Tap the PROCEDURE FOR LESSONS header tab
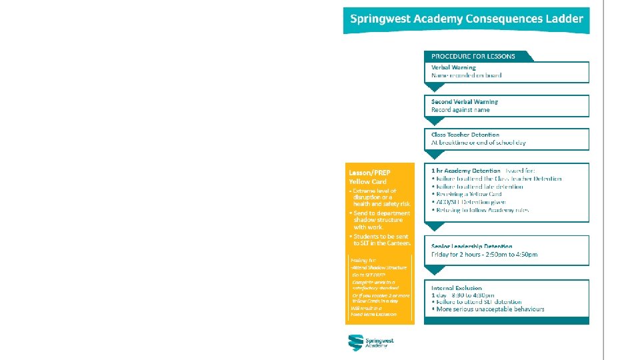click(473, 56)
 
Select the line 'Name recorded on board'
click(466, 75)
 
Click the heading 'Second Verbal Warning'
click(465, 101)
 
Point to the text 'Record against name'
click(460, 109)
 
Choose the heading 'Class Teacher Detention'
click(465, 135)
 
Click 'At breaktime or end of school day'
click(479, 143)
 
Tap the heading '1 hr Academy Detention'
click(466, 171)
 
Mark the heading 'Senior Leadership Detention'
click(472, 246)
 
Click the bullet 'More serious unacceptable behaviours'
click(489, 309)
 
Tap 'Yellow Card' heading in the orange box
click(367, 181)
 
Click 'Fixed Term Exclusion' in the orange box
click(374, 314)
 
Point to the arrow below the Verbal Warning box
click(434, 87)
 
